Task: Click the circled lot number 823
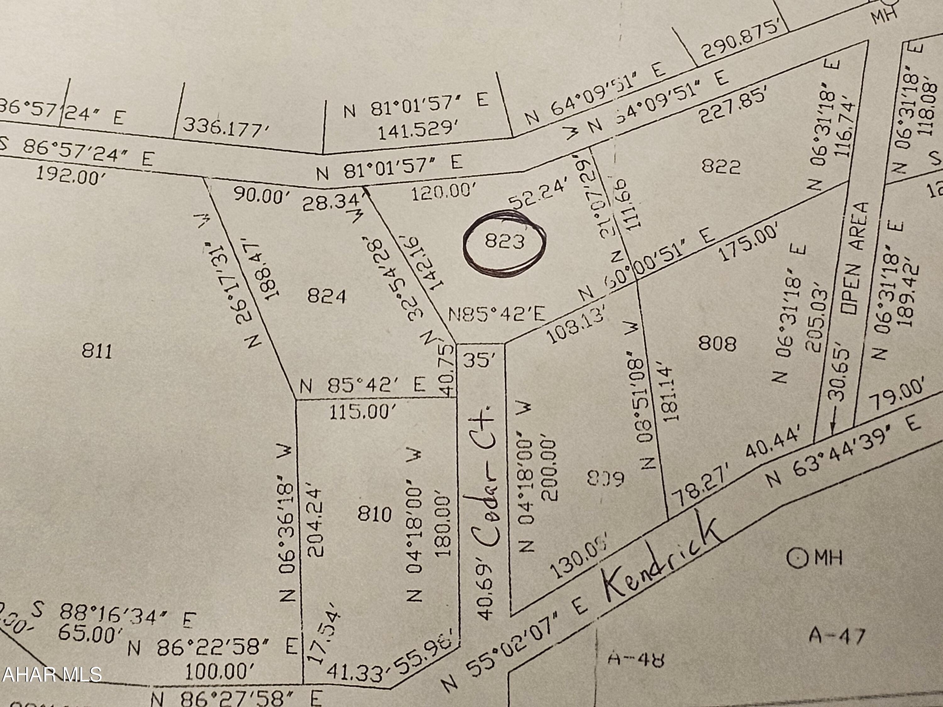point(504,242)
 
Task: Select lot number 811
point(97,352)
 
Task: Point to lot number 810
point(374,514)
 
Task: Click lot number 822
point(720,167)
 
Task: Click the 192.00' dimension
point(70,176)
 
